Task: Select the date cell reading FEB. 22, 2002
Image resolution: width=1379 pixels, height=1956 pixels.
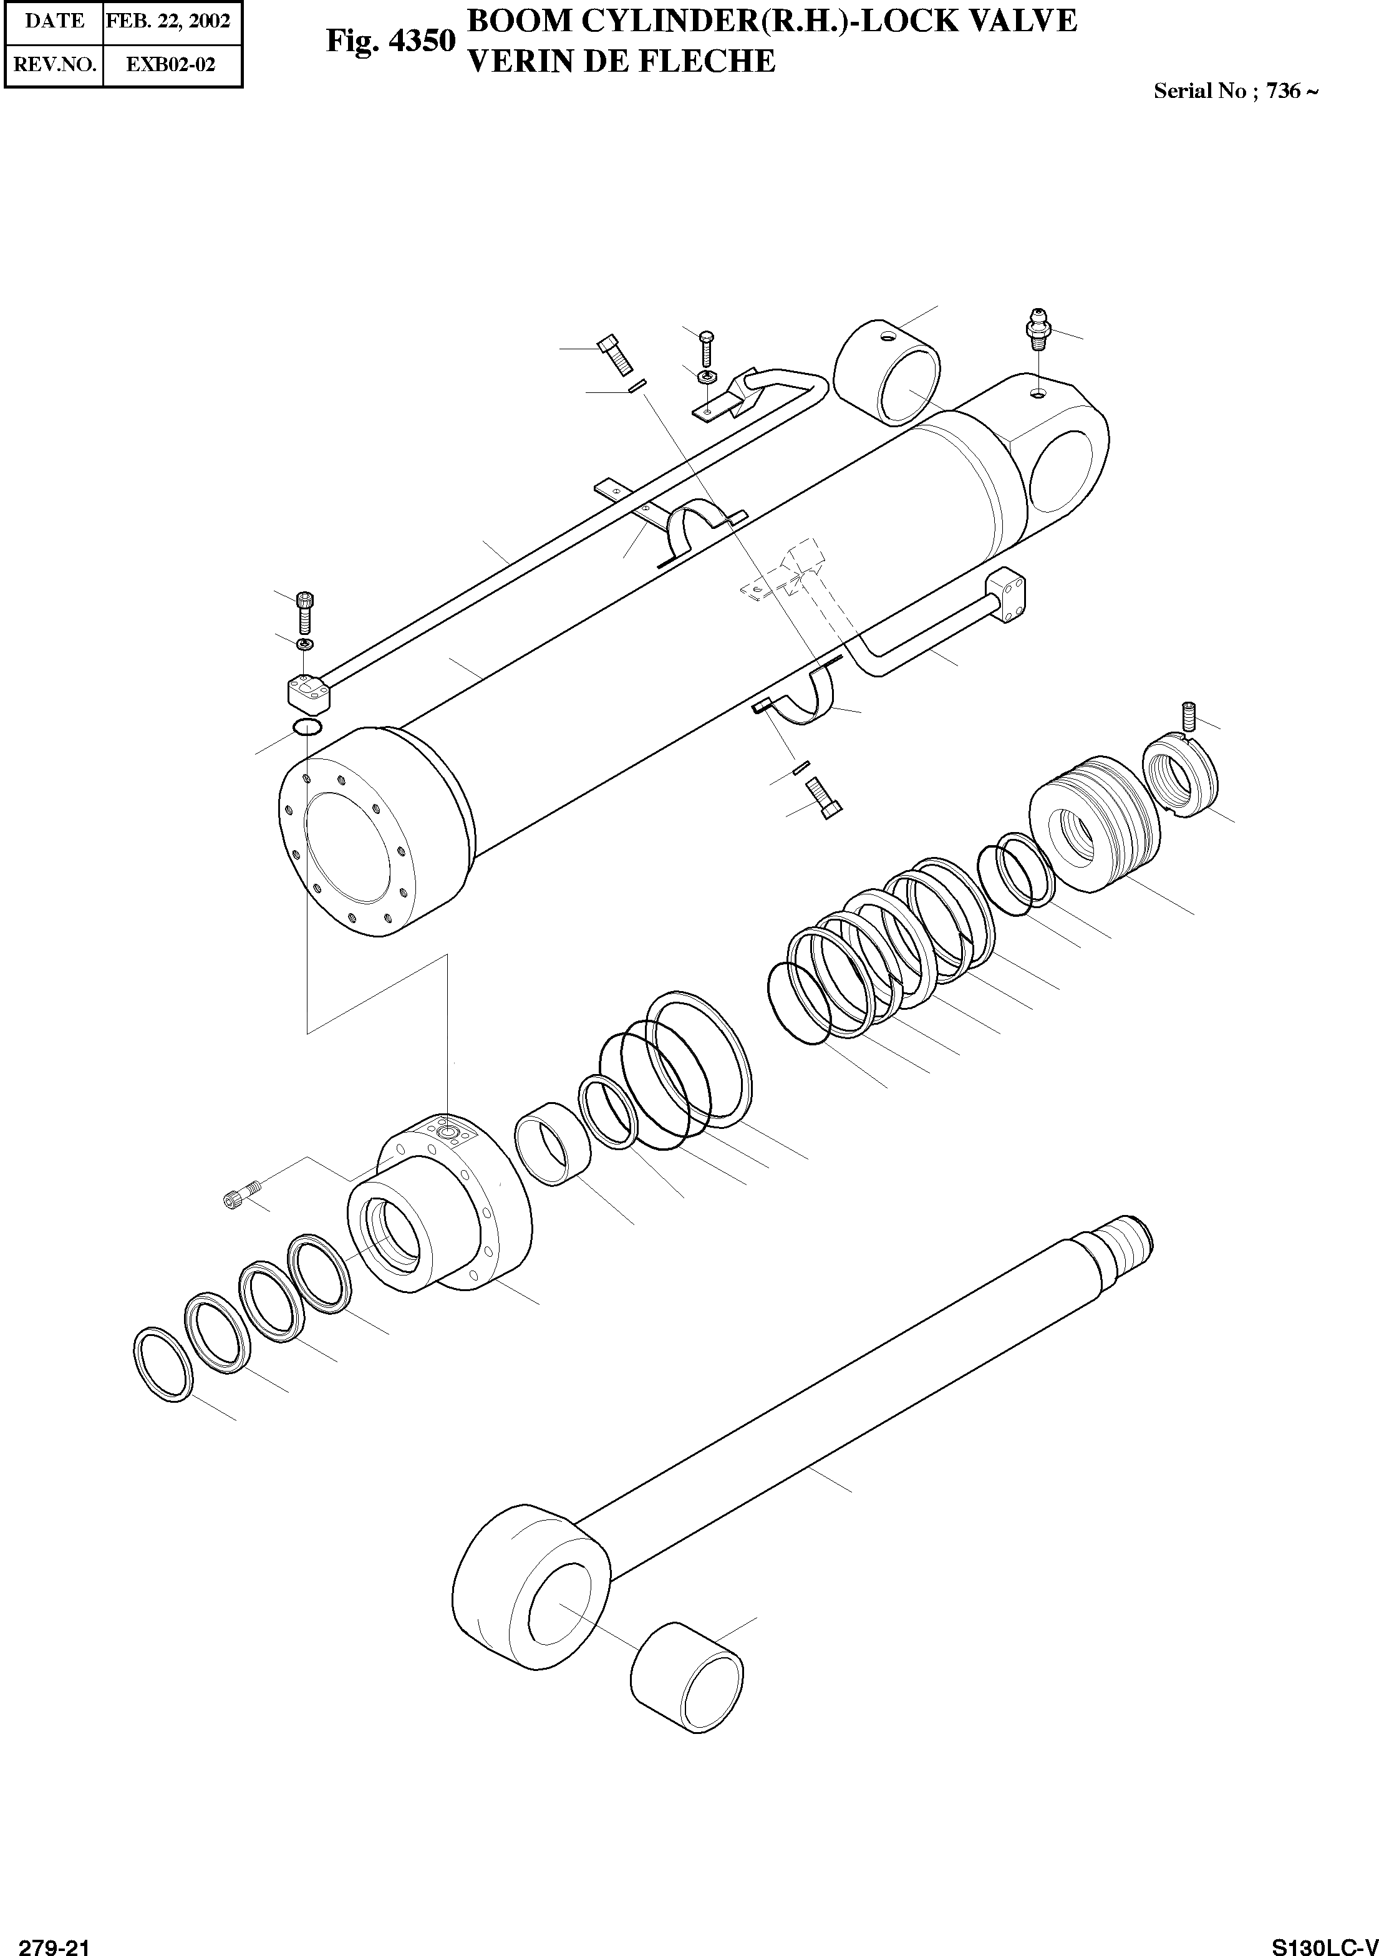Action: [168, 21]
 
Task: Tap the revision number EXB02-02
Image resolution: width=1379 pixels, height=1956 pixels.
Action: [171, 65]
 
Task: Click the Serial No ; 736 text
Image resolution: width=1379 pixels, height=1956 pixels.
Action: [1235, 91]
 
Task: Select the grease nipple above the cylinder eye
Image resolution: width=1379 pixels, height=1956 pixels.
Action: [1037, 329]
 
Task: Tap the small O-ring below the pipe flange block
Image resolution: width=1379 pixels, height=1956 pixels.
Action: [307, 727]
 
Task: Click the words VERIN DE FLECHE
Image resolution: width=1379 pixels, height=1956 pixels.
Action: [622, 61]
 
